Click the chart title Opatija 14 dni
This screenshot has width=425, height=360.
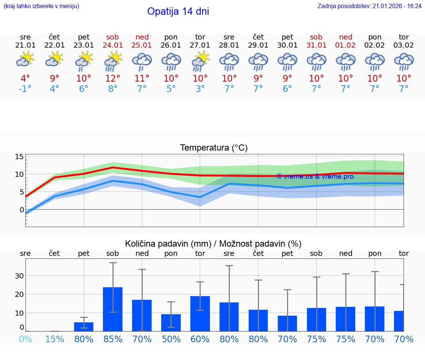point(178,11)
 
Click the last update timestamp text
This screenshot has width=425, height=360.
point(369,6)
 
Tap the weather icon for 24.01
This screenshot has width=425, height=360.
point(113,61)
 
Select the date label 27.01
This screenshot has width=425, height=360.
point(200,45)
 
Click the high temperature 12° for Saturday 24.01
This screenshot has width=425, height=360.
point(113,78)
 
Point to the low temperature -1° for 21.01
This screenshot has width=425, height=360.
point(25,89)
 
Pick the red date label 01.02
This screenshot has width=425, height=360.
point(346,45)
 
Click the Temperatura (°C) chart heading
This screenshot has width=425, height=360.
point(214,148)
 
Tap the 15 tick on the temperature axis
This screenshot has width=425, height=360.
point(19,157)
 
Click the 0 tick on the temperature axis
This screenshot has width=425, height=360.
point(21,210)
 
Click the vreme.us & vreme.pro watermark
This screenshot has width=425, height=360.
point(315,176)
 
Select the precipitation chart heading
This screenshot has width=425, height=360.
point(213,244)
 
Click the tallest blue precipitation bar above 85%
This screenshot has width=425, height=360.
point(113,309)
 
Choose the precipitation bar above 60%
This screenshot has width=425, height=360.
point(200,313)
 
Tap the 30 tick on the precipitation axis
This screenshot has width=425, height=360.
point(19,276)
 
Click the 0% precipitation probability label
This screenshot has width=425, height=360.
point(25,339)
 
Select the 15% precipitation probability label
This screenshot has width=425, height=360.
point(55,339)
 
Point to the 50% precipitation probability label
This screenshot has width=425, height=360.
point(171,339)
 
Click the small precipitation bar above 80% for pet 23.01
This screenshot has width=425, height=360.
point(84,327)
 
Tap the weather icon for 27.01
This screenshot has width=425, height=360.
point(200,61)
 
